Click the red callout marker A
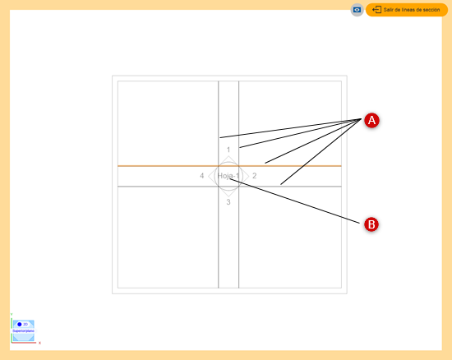[371, 120]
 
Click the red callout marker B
[371, 224]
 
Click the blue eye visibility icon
[357, 10]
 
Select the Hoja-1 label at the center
[228, 176]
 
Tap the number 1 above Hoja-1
[228, 150]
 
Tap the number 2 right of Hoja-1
[255, 176]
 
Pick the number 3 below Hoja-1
[228, 202]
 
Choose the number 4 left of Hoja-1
[202, 176]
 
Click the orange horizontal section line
[164, 166]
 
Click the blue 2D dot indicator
[19, 325]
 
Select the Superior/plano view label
[23, 331]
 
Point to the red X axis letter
[39, 343]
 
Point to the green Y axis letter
[12, 313]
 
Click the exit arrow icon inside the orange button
[376, 10]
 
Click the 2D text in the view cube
[25, 325]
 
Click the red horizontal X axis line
[25, 342]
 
